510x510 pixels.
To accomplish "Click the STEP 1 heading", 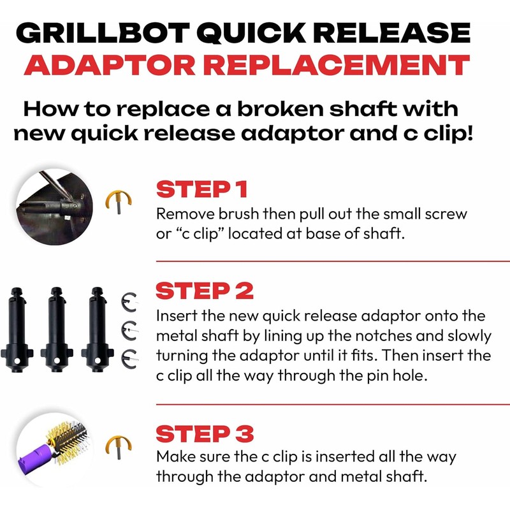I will click(203, 190).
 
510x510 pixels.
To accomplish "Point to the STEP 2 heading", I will click(205, 291).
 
